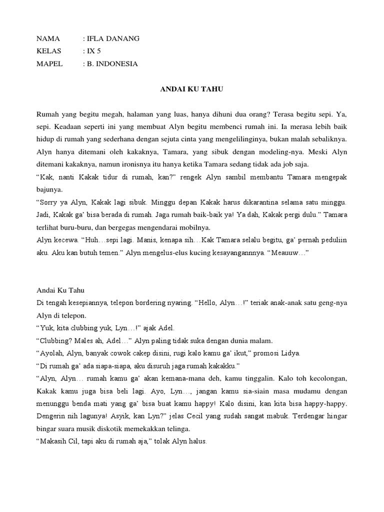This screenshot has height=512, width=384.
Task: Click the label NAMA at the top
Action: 48,38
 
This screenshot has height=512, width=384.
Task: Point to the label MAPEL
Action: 49,63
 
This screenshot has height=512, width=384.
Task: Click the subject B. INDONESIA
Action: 112,63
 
